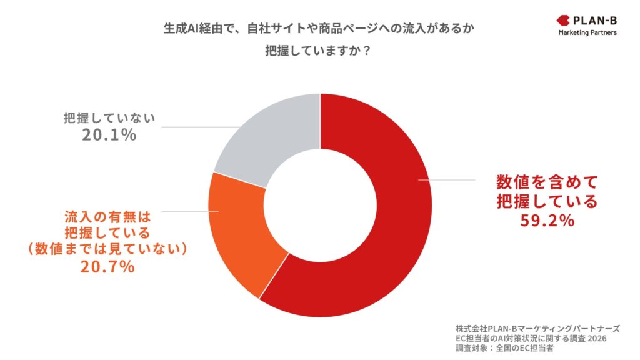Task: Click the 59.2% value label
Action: point(547,221)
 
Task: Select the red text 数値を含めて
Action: point(547,182)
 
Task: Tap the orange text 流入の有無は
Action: point(107,217)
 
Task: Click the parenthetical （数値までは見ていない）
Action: point(107,249)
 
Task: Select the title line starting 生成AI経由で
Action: point(319,29)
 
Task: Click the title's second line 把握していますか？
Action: point(319,52)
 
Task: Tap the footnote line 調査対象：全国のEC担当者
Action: point(503,348)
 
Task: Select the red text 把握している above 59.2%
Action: point(547,202)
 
